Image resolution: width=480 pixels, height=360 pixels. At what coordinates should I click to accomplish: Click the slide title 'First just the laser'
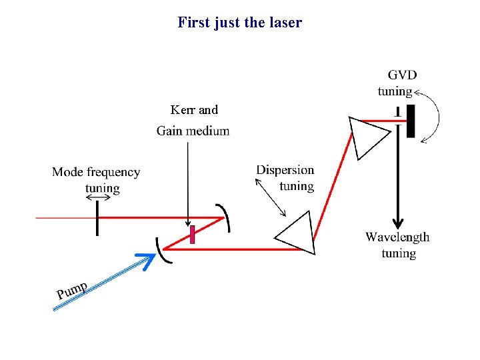239,23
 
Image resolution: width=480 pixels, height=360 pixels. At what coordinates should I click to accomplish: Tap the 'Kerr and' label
194,110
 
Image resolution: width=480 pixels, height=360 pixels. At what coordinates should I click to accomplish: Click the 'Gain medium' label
193,131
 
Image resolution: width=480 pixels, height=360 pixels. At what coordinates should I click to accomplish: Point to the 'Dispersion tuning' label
285,177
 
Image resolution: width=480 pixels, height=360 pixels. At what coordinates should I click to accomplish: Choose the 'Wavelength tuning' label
397,245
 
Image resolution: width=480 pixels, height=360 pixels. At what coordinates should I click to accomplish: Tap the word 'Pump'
72,290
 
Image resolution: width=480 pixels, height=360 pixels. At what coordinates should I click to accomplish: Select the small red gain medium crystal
192,235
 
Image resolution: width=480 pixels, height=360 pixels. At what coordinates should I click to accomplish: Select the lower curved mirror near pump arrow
161,249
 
